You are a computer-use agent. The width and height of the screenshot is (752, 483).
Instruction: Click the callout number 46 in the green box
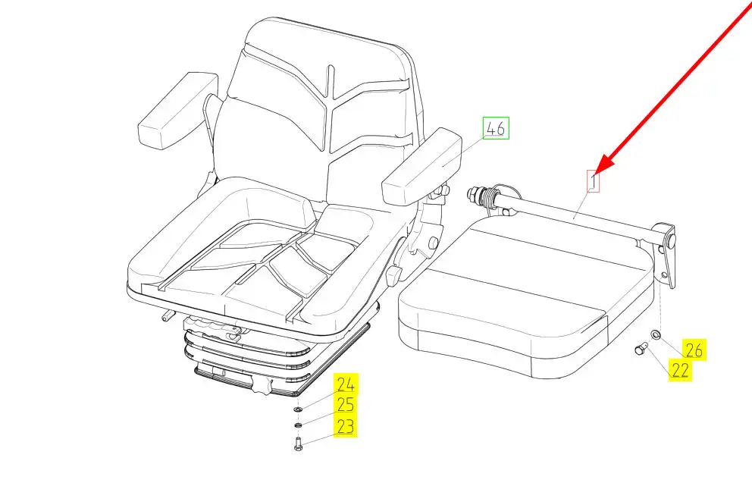click(497, 128)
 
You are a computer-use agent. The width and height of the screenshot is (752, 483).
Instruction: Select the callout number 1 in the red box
click(594, 180)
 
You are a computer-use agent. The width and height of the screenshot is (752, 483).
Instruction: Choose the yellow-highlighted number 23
click(346, 427)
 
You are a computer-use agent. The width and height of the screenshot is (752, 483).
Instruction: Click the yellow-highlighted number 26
click(694, 350)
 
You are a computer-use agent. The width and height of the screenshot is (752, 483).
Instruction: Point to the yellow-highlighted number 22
click(680, 370)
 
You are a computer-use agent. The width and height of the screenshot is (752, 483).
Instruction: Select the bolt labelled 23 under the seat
click(297, 443)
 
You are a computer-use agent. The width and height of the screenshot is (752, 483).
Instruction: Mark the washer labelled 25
click(298, 423)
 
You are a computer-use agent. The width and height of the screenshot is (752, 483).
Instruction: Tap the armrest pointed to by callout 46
click(421, 167)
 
